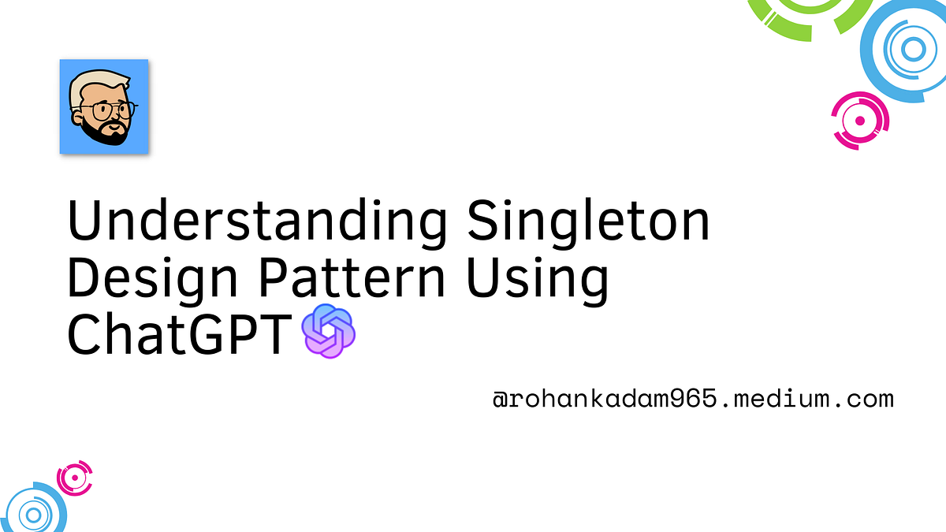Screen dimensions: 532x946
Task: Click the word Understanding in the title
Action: (x=259, y=222)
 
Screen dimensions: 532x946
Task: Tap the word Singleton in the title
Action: (x=588, y=222)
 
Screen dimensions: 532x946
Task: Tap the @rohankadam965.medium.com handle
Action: (x=693, y=399)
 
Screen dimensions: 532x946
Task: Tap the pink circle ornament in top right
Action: (x=860, y=121)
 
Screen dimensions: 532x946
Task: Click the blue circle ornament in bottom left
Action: (x=33, y=514)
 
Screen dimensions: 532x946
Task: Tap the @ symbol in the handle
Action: (x=500, y=399)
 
